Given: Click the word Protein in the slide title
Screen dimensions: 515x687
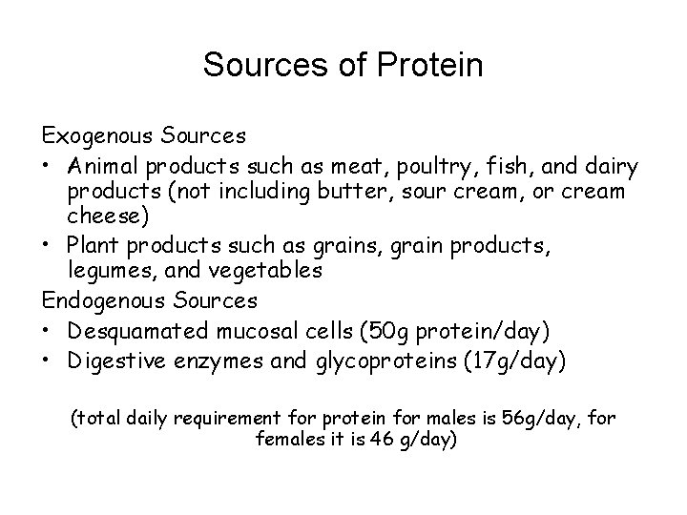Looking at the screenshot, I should click(425, 66).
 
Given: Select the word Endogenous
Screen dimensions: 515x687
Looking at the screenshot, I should click(108, 300).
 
